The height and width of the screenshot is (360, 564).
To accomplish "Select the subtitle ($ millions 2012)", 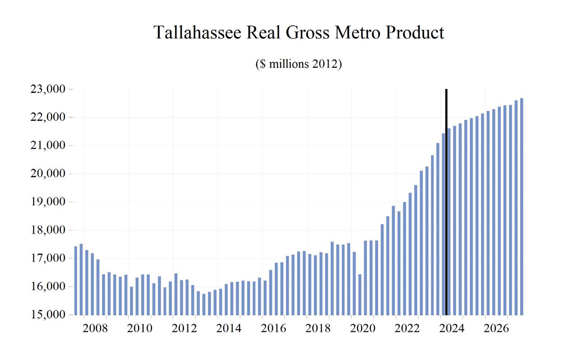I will tap(299, 64).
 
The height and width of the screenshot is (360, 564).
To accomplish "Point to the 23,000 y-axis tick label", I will tap(47, 89).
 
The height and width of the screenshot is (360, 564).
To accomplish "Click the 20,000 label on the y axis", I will tap(47, 174).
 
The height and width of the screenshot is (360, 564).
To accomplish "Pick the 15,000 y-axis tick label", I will tap(47, 314).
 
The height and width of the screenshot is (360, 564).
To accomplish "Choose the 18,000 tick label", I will tap(47, 230).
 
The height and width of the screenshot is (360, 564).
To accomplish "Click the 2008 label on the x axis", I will tap(95, 328).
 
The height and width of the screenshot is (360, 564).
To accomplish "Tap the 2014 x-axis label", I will tap(229, 328).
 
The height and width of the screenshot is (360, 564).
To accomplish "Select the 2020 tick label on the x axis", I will tap(363, 328).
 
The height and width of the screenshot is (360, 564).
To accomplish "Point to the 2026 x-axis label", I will tap(496, 328).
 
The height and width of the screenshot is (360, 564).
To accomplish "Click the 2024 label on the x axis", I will tap(452, 328).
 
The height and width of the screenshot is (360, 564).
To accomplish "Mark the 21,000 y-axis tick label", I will tap(47, 146).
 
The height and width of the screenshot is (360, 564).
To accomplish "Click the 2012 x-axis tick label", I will tap(184, 328).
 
